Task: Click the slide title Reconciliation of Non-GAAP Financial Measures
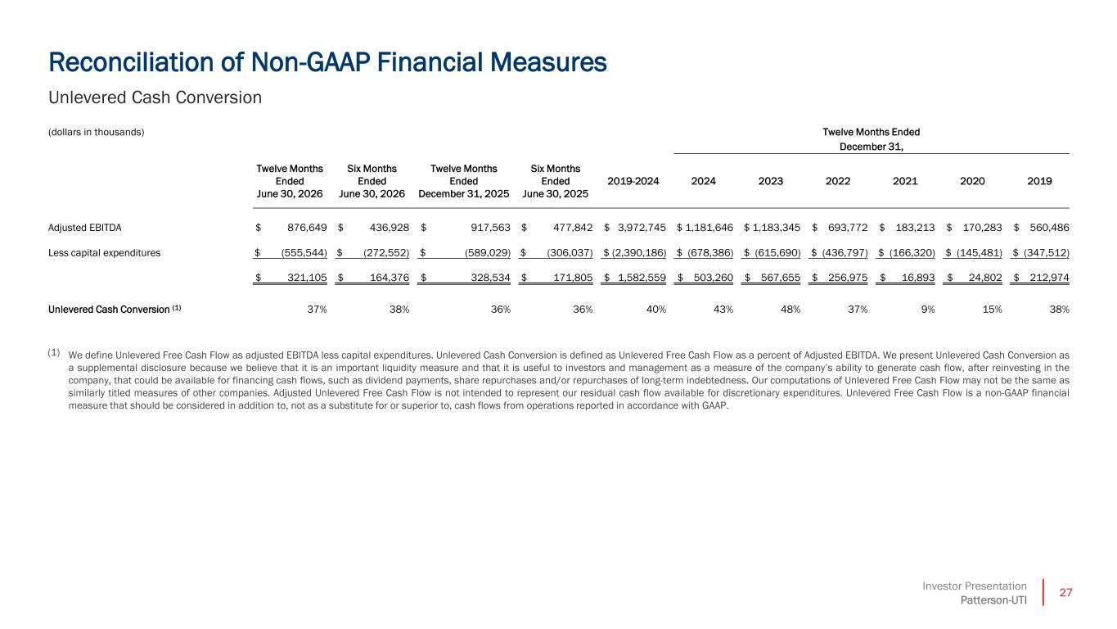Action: click(327, 63)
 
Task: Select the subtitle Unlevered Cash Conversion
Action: click(155, 97)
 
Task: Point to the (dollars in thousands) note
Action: click(97, 132)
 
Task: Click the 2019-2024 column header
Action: click(633, 181)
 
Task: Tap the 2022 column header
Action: click(838, 181)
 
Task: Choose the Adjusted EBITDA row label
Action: click(85, 228)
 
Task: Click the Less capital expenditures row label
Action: click(104, 253)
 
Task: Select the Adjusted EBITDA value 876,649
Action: click(307, 228)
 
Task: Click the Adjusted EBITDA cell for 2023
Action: click(776, 228)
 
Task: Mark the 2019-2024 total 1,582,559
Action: click(642, 278)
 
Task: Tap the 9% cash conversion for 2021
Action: click(927, 310)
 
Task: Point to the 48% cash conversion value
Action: click(790, 310)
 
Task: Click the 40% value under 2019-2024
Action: click(656, 310)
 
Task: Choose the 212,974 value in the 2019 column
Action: click(1049, 278)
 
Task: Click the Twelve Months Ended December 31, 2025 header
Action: click(464, 181)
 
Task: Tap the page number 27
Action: click(1065, 593)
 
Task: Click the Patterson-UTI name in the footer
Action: click(993, 600)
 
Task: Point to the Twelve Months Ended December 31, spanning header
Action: click(872, 139)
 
